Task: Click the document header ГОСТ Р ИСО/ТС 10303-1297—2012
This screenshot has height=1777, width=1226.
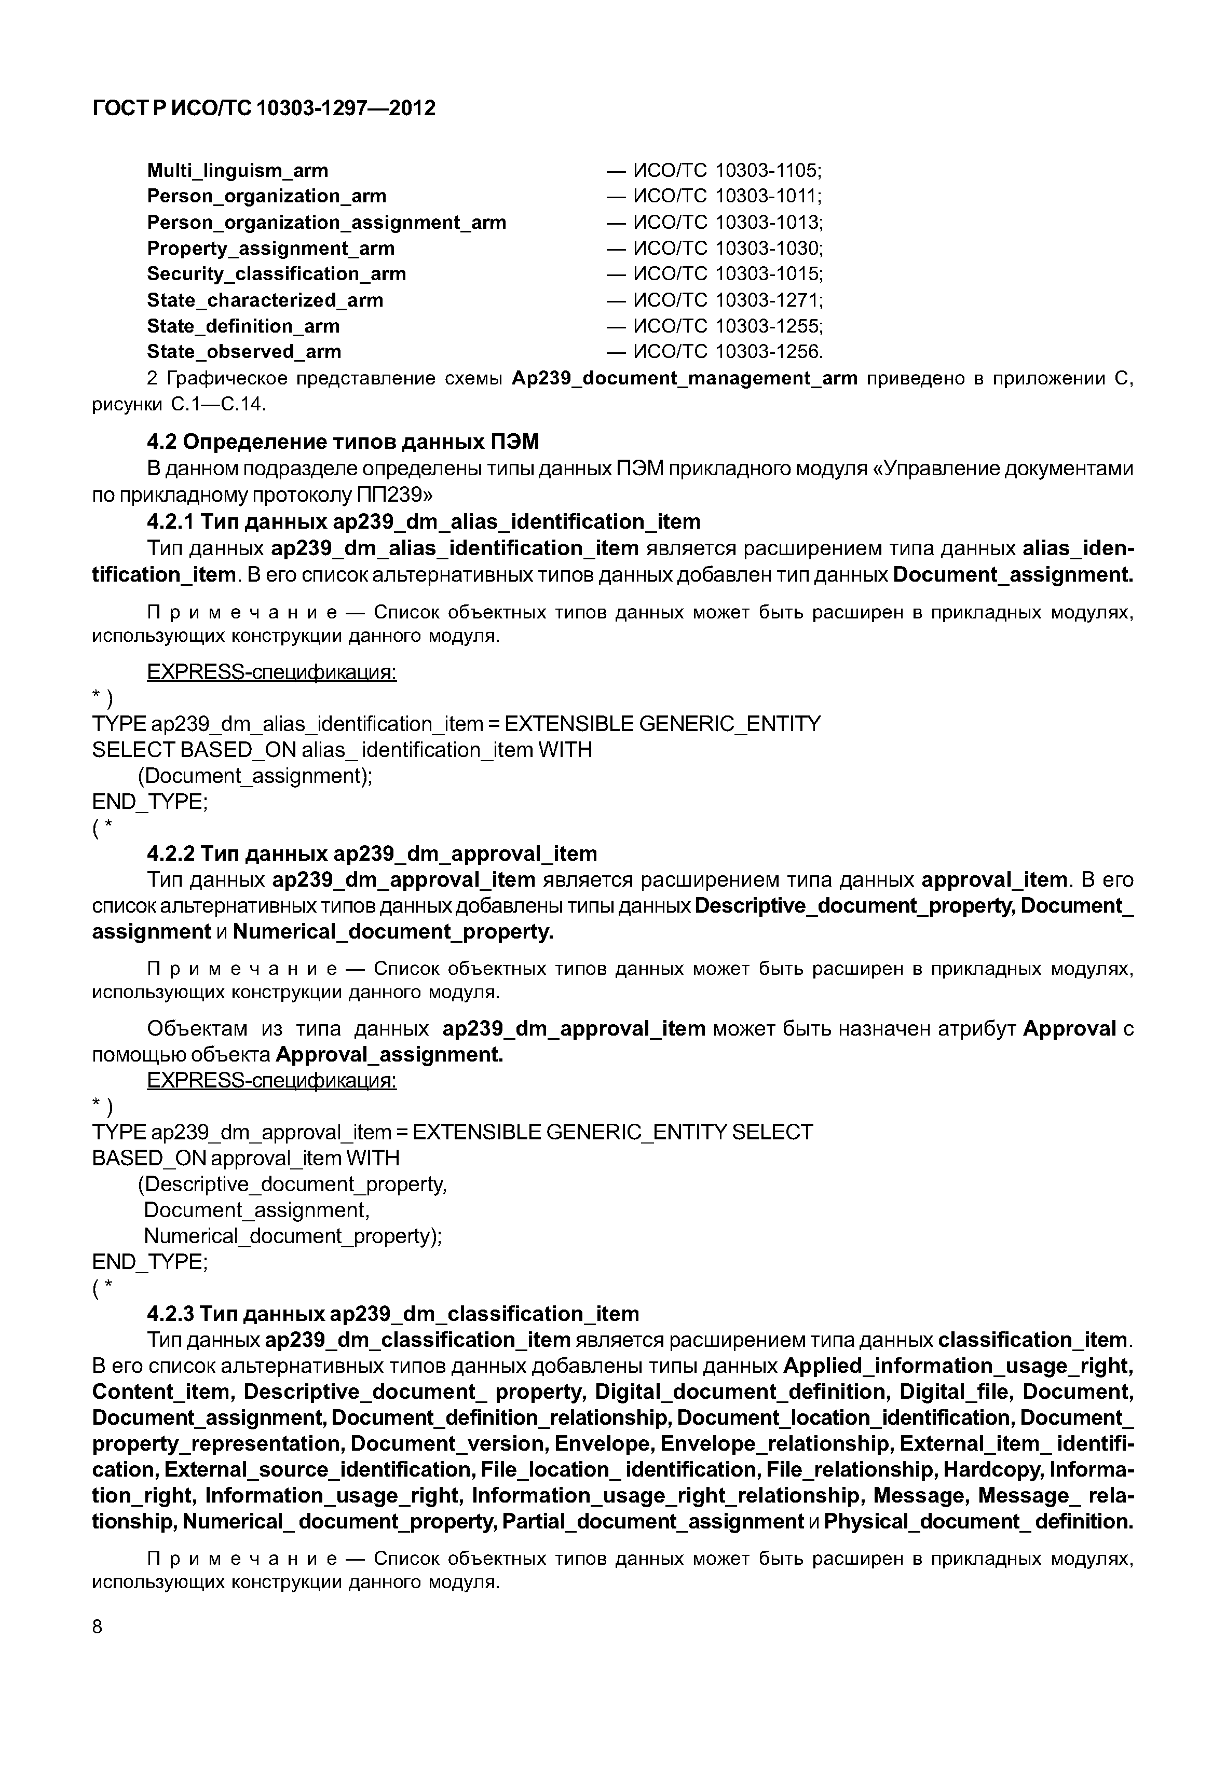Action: coord(264,108)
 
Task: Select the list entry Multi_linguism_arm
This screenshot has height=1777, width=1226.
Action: coord(237,171)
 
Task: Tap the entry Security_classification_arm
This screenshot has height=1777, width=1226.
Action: coord(277,274)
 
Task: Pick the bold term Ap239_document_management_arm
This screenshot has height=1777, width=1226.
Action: coord(684,379)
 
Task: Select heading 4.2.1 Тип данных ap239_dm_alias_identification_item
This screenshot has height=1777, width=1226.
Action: coord(423,522)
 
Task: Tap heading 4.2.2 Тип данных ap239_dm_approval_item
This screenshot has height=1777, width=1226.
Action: coord(372,854)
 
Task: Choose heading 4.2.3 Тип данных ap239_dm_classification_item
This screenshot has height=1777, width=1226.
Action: coord(392,1314)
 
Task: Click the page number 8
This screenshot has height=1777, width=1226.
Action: coord(97,1627)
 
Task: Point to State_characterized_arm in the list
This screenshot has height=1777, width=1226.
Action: coord(265,300)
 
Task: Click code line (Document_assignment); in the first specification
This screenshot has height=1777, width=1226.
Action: coord(255,776)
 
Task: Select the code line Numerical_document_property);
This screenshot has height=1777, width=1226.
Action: coord(293,1236)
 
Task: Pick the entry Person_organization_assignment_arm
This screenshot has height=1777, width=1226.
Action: coord(326,223)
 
